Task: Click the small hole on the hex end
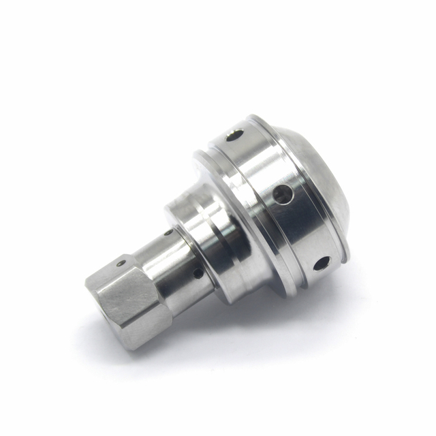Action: tap(121, 262)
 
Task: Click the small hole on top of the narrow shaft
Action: tap(168, 233)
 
